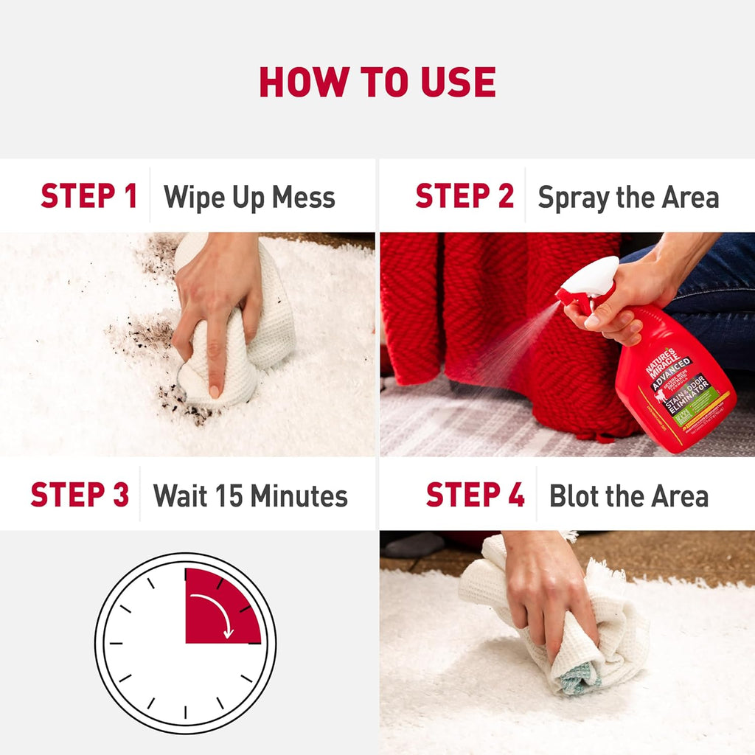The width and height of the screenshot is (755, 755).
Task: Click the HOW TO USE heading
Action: [x=377, y=82]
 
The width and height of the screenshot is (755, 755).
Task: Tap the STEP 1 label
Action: [x=88, y=197]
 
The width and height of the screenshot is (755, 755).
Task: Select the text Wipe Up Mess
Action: [x=249, y=198]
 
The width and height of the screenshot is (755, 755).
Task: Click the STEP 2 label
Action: [x=464, y=197]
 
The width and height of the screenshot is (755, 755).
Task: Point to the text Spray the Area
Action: [x=628, y=198]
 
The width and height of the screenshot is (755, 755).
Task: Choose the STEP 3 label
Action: [x=80, y=495]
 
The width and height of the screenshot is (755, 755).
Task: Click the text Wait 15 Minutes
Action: [x=250, y=495]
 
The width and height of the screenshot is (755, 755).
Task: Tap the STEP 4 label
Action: [x=475, y=495]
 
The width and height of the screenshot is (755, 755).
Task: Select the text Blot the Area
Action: [x=628, y=496]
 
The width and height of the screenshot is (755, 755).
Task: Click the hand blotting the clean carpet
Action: [x=546, y=582]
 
